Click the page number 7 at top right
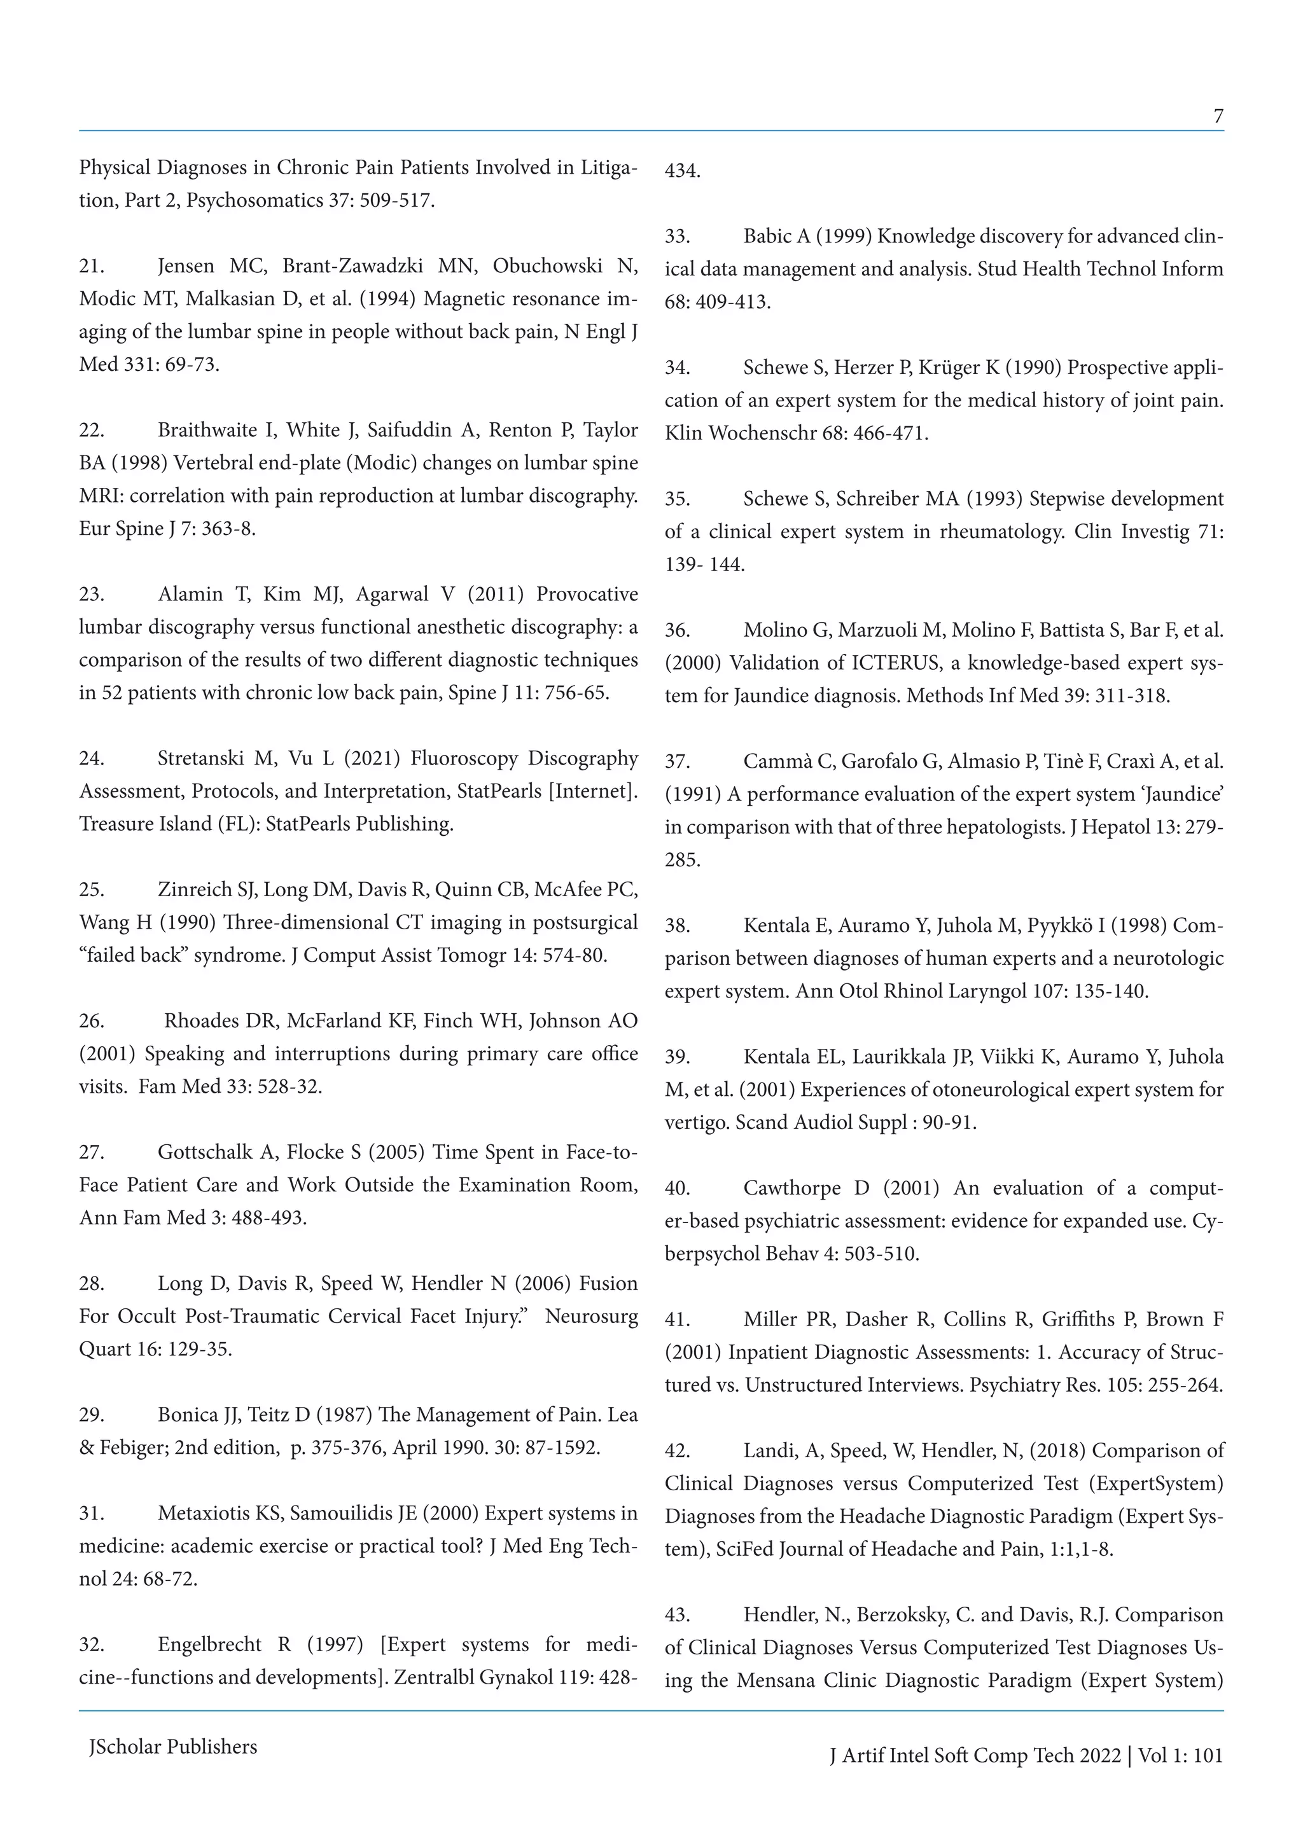[1218, 117]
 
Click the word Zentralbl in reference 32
[434, 1679]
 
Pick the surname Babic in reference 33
[768, 237]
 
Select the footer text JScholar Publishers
[172, 1747]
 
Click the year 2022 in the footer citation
[1100, 1755]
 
